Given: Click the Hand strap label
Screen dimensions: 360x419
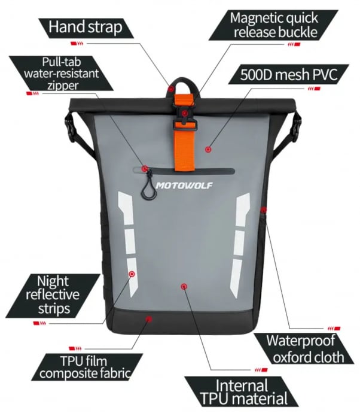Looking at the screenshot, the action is [86, 28].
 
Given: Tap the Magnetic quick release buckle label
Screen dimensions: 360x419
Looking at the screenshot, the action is [273, 25].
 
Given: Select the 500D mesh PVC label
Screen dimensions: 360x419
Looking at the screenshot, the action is [288, 74].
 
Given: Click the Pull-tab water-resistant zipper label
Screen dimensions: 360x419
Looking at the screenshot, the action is [61, 73].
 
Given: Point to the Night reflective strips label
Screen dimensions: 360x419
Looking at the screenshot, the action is [53, 295].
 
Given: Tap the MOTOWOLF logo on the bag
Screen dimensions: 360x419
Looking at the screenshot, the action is [184, 185].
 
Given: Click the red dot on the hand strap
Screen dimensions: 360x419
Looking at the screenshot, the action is [171, 89].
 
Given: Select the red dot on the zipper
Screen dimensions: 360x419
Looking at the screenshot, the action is [145, 168].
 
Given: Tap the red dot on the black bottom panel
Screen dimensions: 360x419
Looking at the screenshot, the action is [149, 319].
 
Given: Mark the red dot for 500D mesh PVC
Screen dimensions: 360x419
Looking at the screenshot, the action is [208, 150].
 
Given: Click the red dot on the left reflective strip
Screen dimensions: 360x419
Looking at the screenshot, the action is [132, 274].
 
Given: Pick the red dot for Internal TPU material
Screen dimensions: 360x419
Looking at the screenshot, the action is [184, 287].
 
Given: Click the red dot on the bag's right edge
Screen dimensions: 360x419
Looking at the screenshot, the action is [264, 209].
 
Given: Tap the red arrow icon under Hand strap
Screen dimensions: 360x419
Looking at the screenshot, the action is [77, 43].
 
